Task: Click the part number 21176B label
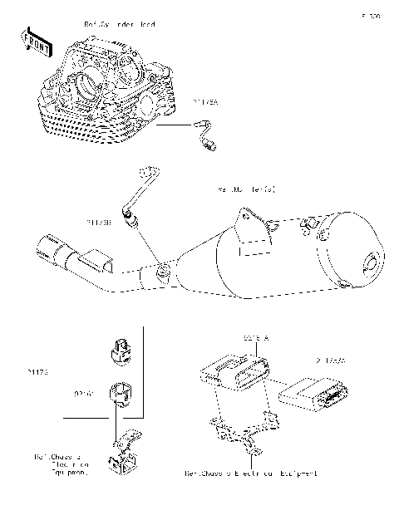tap(99, 223)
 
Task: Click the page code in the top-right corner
tap(369, 16)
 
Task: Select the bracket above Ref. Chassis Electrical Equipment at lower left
tap(124, 454)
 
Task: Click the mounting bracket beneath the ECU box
tap(241, 432)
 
